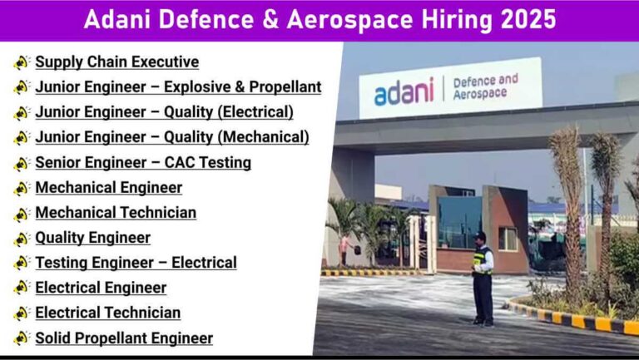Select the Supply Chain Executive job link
[x=117, y=62]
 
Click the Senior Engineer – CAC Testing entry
[x=143, y=162]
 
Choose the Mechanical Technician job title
[x=116, y=213]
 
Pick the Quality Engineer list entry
[x=93, y=238]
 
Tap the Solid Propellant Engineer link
[x=124, y=338]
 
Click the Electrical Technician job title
[x=108, y=313]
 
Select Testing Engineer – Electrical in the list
[x=136, y=263]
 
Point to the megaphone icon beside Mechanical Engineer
[x=21, y=188]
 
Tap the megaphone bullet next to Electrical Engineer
[x=21, y=288]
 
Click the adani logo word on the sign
[x=404, y=91]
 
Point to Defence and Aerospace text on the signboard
[x=485, y=86]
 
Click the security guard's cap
[x=479, y=235]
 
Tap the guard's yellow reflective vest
[x=481, y=260]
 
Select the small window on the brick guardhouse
[x=508, y=239]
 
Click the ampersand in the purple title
[x=270, y=20]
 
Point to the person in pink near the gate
[x=344, y=249]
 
